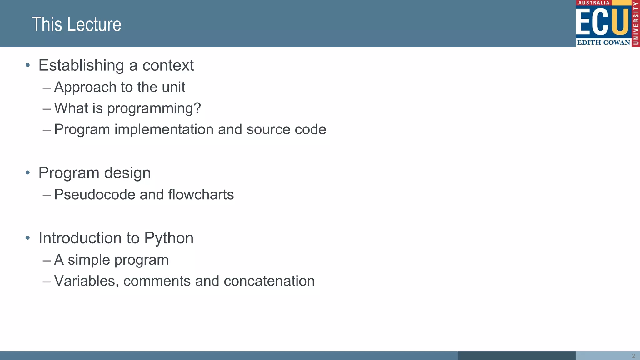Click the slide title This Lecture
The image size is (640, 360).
pos(76,24)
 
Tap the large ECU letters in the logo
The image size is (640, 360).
pos(602,22)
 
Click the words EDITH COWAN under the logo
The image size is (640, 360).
pos(603,42)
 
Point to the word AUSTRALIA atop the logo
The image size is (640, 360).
pos(594,3)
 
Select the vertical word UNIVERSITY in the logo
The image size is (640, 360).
pos(636,23)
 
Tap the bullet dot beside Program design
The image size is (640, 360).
pos(28,172)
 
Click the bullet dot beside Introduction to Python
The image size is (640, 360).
pos(28,238)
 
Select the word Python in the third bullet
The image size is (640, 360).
pos(169,238)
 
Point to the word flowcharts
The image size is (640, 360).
pos(201,195)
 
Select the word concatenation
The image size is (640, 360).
pos(269,281)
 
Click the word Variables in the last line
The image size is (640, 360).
pos(86,281)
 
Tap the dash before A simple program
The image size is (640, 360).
pos(47,260)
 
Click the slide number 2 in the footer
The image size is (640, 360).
pos(633,356)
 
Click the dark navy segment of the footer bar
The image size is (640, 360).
pos(517,356)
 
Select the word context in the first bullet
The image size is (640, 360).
pos(168,65)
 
